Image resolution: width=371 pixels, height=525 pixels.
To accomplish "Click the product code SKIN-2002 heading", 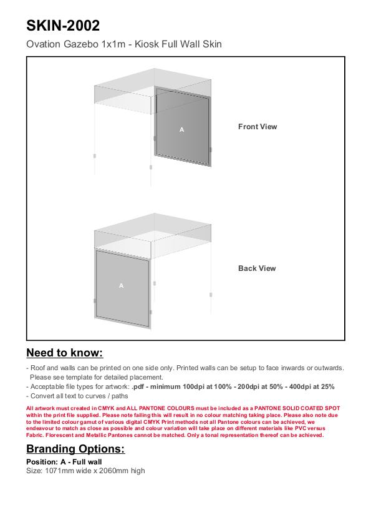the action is (63, 26).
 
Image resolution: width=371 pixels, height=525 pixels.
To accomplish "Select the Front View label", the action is (258, 127).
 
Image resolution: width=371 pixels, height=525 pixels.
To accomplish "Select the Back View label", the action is (257, 268).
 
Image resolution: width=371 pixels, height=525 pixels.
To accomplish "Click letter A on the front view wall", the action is (181, 130).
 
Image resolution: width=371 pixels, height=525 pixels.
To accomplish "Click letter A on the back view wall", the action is (121, 286).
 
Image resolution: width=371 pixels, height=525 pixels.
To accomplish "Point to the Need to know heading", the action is (65, 353).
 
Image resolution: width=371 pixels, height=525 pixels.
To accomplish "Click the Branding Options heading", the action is (75, 449).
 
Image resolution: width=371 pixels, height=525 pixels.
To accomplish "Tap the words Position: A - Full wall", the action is (64, 462).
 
